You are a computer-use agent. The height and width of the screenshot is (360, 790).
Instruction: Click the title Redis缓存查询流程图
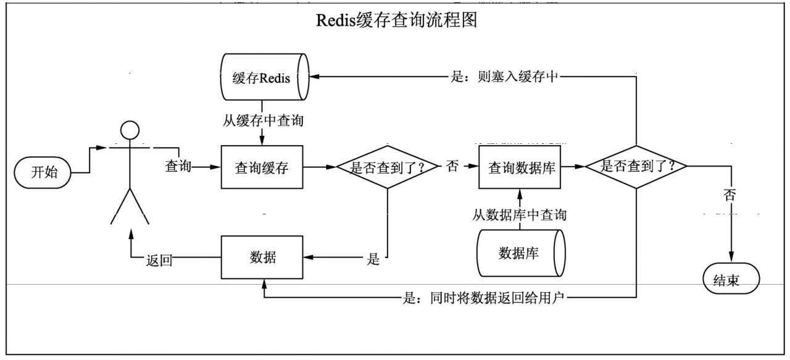point(397,20)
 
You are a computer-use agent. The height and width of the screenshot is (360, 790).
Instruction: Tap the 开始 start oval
point(44,172)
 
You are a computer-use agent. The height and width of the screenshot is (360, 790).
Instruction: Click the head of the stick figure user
point(128,131)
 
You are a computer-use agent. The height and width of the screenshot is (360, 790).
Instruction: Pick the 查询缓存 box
point(262,167)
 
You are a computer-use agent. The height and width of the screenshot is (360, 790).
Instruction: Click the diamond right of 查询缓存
point(387,167)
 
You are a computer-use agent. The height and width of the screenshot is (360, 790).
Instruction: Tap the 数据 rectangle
point(262,257)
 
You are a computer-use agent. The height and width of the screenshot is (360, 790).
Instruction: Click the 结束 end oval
point(731,281)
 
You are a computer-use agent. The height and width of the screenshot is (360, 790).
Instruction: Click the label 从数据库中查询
point(520,216)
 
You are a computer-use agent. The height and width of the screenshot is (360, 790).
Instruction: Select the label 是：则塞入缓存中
point(505,78)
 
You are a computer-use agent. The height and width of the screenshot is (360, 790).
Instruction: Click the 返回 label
point(159,260)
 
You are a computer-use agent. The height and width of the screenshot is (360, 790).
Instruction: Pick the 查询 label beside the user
point(178,167)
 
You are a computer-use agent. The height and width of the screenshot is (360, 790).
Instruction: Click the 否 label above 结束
point(730,196)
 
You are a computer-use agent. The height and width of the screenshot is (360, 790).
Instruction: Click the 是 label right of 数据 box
point(373,259)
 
